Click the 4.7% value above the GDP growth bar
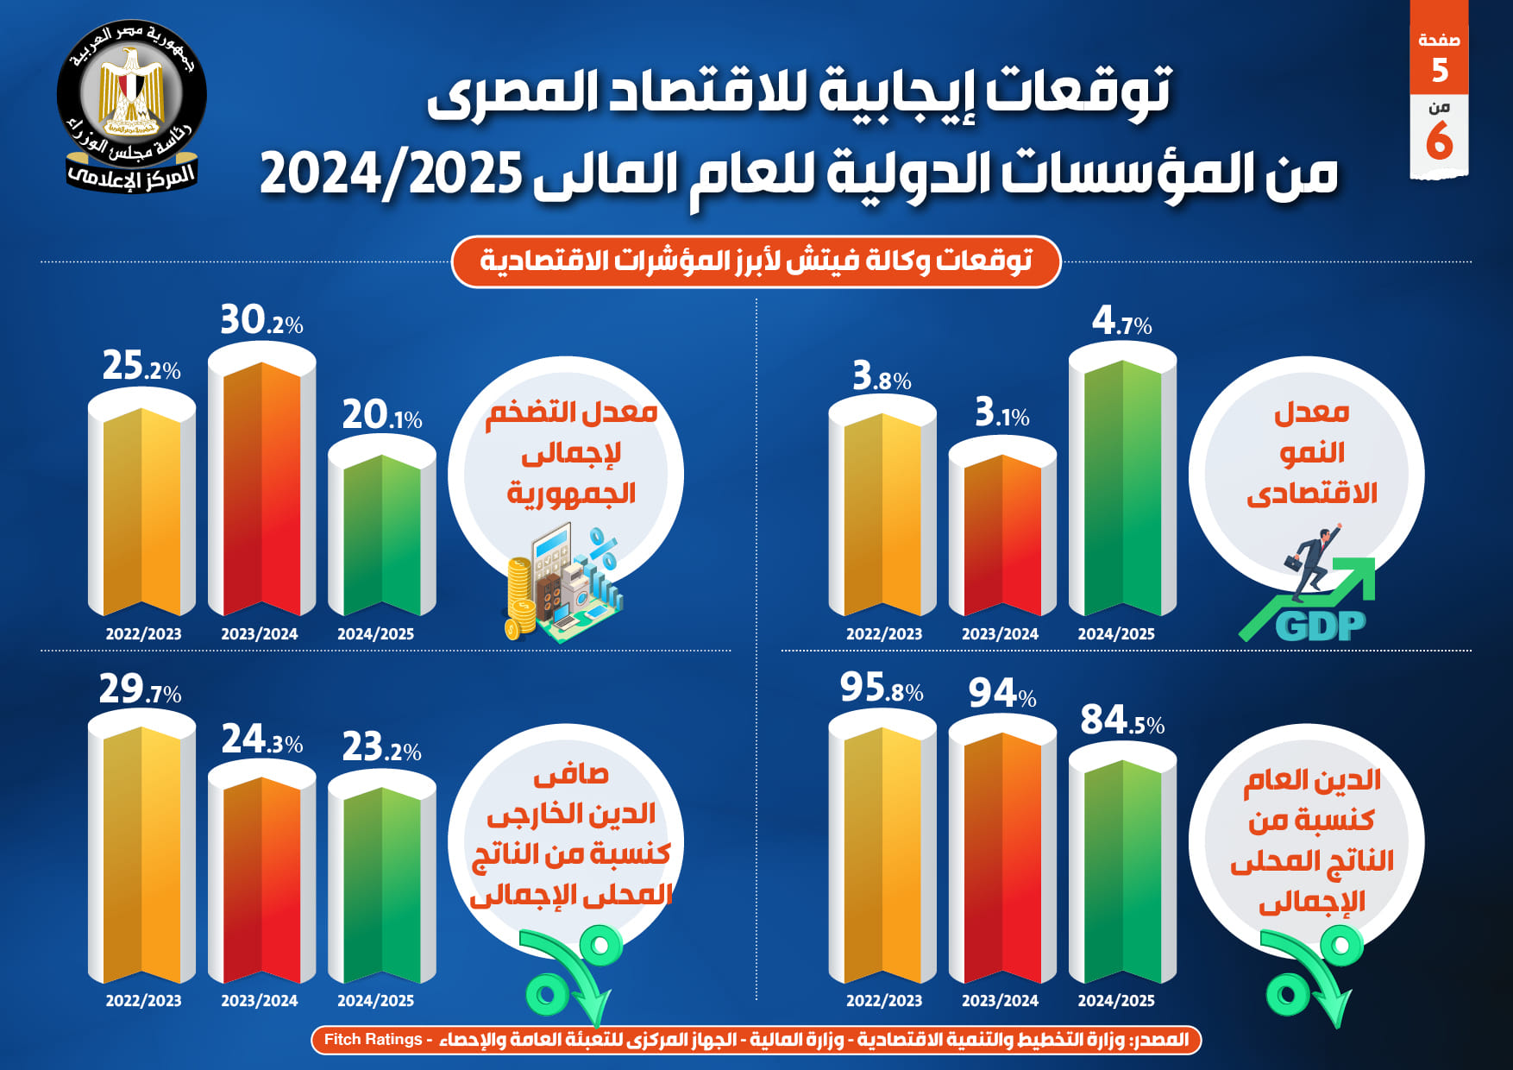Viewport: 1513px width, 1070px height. coord(1121,322)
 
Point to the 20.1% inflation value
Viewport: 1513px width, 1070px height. coord(381,416)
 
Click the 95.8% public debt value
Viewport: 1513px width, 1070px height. coord(882,689)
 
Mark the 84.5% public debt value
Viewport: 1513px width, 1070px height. coord(1121,721)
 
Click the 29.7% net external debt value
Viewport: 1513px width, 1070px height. coord(140,690)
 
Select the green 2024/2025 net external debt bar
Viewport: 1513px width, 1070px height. coord(381,880)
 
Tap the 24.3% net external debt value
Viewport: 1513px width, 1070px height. coord(261,740)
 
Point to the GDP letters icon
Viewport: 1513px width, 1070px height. coord(1320,626)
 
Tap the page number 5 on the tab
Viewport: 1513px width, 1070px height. coord(1439,71)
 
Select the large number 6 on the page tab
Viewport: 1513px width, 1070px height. coord(1439,141)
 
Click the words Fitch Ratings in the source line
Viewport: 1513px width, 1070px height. coord(373,1040)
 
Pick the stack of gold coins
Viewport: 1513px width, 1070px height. coord(520,595)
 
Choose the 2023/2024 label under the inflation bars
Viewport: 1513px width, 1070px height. coord(259,634)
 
